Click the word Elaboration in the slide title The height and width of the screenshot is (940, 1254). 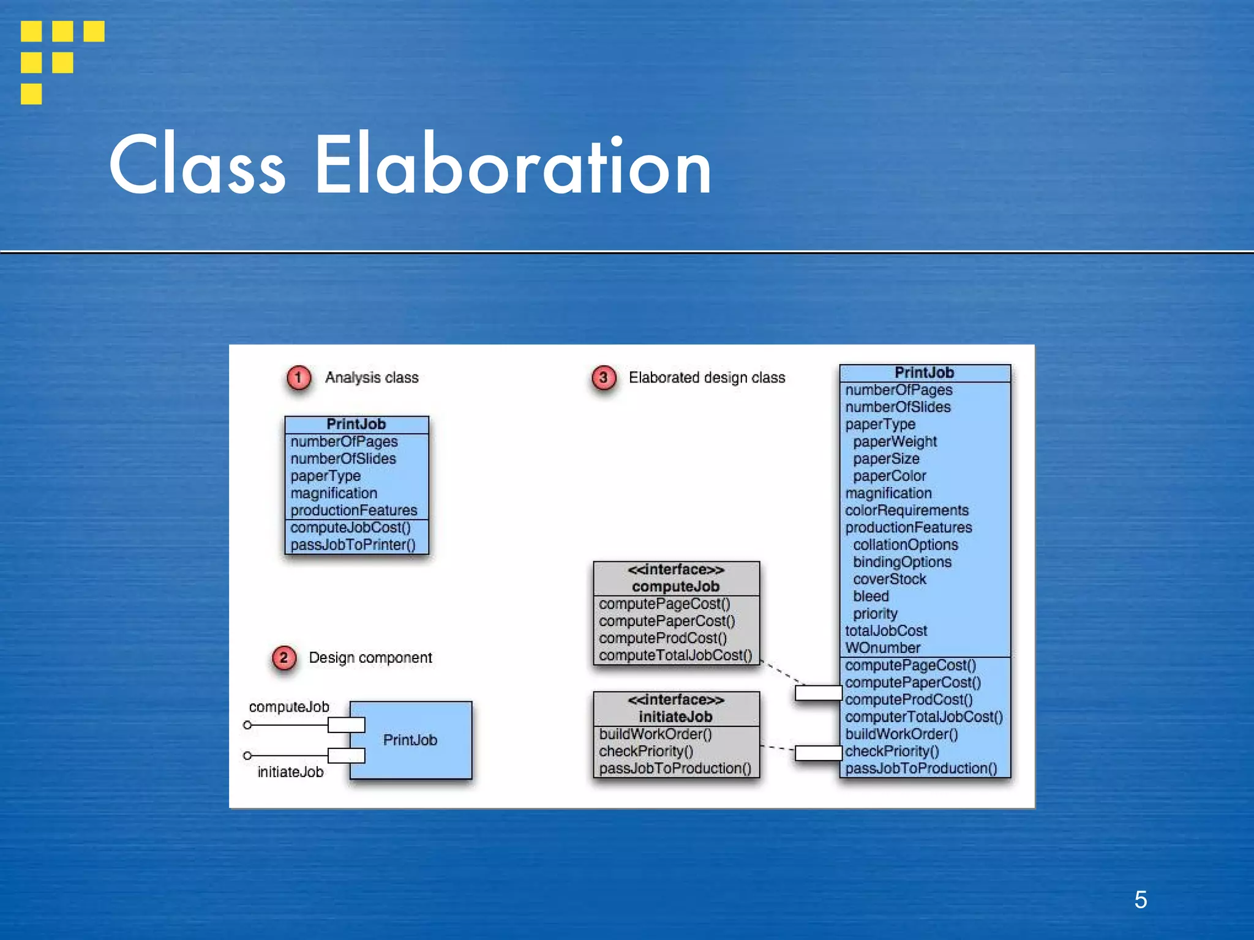click(x=513, y=165)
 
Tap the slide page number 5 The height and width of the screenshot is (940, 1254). click(x=1140, y=900)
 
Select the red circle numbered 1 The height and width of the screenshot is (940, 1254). click(x=299, y=378)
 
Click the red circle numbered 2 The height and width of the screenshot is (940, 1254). click(x=283, y=658)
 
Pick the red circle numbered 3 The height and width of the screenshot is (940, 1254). click(x=603, y=378)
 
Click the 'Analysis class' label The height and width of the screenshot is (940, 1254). click(x=372, y=378)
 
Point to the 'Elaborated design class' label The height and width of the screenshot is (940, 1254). click(x=707, y=378)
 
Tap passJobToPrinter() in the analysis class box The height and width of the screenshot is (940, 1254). click(x=353, y=545)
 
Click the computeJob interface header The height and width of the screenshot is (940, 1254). click(x=676, y=578)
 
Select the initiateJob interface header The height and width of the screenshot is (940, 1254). click(x=676, y=709)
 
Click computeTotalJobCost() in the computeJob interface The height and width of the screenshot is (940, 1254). click(x=675, y=655)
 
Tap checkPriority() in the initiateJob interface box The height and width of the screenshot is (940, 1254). click(x=646, y=751)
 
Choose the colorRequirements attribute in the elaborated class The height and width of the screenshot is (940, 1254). click(x=907, y=510)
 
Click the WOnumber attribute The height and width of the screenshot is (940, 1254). click(x=882, y=647)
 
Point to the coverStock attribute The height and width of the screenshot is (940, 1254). click(x=889, y=579)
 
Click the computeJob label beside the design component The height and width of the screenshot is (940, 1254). click(x=289, y=707)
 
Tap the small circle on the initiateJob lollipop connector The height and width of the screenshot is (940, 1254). click(x=247, y=756)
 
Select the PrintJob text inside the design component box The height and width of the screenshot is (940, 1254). click(x=410, y=740)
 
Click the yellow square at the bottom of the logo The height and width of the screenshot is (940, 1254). click(x=31, y=94)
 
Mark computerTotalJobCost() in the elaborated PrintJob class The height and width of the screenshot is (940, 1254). click(x=923, y=717)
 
